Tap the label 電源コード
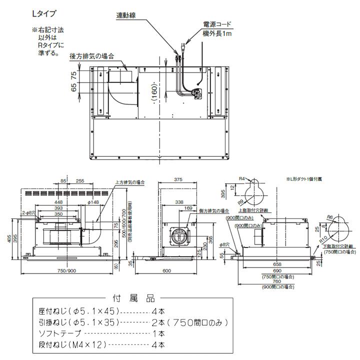[217, 24]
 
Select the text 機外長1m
[217, 33]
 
